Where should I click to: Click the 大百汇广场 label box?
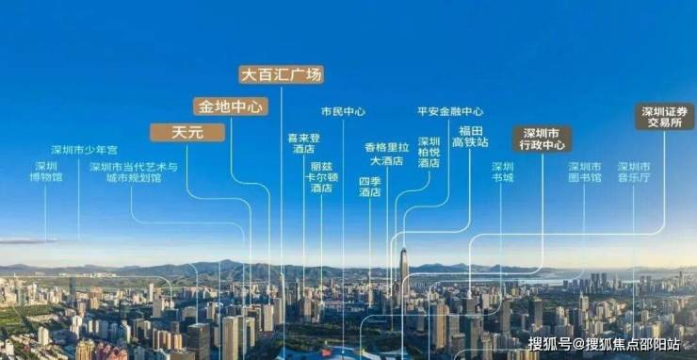281,74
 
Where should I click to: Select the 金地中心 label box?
231,106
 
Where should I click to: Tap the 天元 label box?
187,133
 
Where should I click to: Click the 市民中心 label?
343,111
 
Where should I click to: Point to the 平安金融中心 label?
450,111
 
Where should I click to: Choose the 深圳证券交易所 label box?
665,117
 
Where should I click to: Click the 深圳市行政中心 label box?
543,139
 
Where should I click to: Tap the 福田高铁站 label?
470,137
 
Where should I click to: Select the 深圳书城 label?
503,172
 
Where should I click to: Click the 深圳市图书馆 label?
585,172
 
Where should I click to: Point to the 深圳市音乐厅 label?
634,172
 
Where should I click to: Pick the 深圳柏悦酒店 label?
429,152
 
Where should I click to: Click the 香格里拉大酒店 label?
387,154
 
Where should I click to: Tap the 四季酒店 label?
370,187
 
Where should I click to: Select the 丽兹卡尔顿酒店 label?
321,176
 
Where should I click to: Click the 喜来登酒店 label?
304,143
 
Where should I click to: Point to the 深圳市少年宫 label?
85,150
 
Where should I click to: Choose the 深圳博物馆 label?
46,172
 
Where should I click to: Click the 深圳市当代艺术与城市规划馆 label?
134,172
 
